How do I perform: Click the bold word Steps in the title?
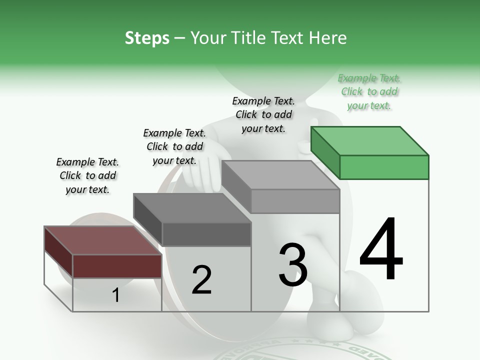tap(147, 38)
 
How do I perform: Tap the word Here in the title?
tap(328, 38)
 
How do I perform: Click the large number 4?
tap(381, 249)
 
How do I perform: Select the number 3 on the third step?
tap(293, 265)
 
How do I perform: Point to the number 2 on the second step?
tap(201, 280)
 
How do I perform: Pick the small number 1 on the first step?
tap(116, 295)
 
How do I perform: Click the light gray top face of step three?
tap(280, 175)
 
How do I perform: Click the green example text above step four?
tap(369, 91)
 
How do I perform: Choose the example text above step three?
tap(263, 114)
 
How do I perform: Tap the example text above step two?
tap(174, 146)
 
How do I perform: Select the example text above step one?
tap(87, 175)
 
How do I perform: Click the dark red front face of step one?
tap(117, 266)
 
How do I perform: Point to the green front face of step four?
tap(384, 167)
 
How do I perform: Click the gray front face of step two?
tap(206, 234)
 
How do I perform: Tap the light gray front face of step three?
tap(295, 201)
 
